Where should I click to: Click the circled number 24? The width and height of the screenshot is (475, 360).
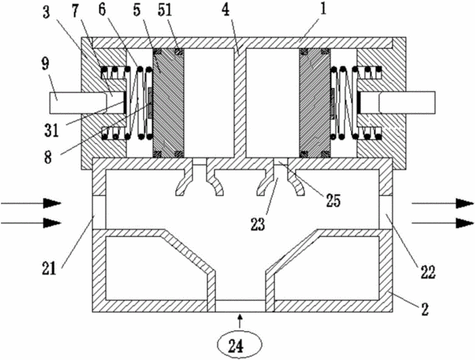pyautogui.click(x=239, y=346)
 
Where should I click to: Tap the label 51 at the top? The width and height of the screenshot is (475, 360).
pyautogui.click(x=165, y=10)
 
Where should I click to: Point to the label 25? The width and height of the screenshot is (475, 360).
pyautogui.click(x=333, y=200)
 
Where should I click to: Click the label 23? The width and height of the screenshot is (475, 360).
pyautogui.click(x=257, y=224)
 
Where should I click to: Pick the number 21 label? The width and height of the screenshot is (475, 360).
pyautogui.click(x=50, y=269)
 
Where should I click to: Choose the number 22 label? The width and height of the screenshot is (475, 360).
pyautogui.click(x=428, y=272)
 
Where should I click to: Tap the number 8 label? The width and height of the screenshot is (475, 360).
pyautogui.click(x=48, y=158)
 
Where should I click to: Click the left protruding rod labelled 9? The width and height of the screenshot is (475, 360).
pyautogui.click(x=78, y=103)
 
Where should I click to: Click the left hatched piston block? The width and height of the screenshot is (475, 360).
pyautogui.click(x=168, y=103)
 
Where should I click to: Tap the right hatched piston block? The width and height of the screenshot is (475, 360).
pyautogui.click(x=315, y=103)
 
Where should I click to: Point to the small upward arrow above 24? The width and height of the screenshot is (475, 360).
pyautogui.click(x=240, y=322)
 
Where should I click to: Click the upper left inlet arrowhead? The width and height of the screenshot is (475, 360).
pyautogui.click(x=52, y=203)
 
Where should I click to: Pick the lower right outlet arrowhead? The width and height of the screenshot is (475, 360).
pyautogui.click(x=465, y=223)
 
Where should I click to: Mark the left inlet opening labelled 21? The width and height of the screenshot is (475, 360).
pyautogui.click(x=99, y=212)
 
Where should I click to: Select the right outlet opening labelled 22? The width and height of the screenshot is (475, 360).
pyautogui.click(x=386, y=212)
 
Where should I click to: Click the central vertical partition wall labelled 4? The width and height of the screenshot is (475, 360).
pyautogui.click(x=241, y=103)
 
